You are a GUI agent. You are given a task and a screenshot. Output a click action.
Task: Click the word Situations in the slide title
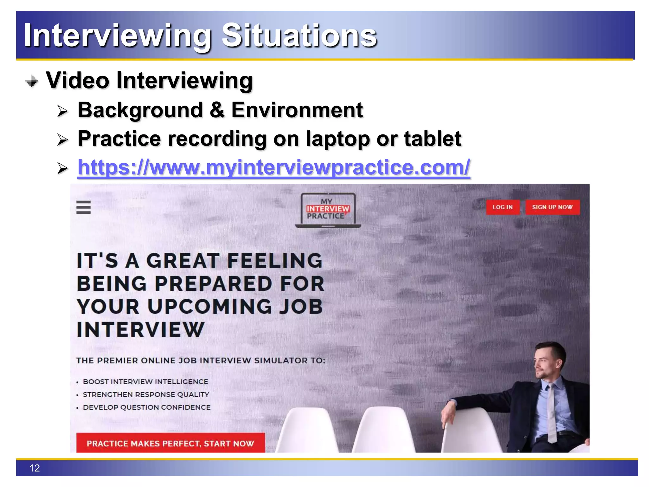pos(299,36)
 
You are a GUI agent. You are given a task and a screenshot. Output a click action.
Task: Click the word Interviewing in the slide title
pos(117,36)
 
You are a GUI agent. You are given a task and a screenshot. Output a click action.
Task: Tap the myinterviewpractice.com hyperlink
pos(274,167)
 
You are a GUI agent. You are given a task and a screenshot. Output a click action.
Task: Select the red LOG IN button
pos(503,207)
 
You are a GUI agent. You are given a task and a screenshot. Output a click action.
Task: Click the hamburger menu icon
pos(83,207)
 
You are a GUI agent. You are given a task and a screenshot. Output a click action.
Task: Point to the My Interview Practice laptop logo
pos(328,210)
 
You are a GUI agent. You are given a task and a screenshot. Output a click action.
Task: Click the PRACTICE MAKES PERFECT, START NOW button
pos(170,443)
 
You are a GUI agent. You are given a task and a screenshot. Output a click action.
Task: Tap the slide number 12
pos(35,468)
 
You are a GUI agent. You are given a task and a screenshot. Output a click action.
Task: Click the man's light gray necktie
pos(552,412)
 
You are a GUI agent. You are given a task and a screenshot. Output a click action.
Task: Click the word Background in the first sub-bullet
pos(140,110)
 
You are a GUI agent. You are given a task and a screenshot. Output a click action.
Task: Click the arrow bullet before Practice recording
pos(62,140)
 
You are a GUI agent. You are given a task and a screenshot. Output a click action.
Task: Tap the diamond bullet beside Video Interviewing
pos(32,81)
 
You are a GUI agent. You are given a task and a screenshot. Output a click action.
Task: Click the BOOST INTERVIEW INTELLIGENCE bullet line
pos(145,382)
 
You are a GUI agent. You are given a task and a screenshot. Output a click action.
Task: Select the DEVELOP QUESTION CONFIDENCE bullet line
pos(146,407)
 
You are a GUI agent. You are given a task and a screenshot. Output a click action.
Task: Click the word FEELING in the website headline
pos(274,261)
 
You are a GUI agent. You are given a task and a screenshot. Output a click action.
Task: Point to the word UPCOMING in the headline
pos(210,307)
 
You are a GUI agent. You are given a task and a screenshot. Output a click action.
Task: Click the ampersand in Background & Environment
pos(217,110)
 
